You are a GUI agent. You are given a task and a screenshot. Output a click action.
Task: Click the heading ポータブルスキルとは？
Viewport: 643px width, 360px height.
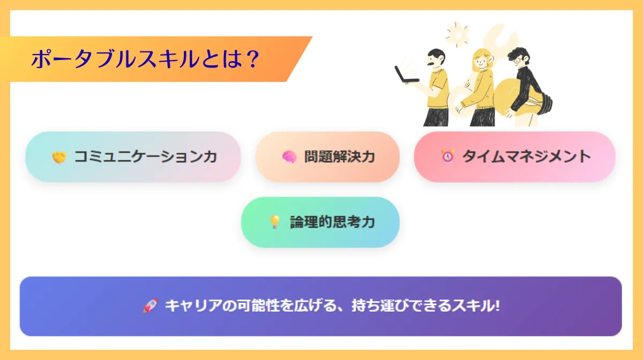(x=145, y=59)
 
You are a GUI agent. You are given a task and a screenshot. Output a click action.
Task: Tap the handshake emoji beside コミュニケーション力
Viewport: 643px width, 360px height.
(x=58, y=157)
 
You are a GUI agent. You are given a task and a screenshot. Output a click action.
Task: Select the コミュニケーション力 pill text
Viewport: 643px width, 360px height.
(x=145, y=157)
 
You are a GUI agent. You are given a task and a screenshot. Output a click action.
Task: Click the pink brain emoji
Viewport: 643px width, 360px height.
(x=289, y=157)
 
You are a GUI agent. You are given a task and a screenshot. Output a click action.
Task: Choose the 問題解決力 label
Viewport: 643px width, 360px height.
(x=339, y=157)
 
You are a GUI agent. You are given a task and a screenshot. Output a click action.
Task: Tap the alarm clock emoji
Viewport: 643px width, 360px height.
(x=447, y=156)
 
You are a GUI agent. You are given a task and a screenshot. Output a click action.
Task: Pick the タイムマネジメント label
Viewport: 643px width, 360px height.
(x=526, y=156)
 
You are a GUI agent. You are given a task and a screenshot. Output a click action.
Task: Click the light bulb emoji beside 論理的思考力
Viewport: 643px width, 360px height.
(x=275, y=222)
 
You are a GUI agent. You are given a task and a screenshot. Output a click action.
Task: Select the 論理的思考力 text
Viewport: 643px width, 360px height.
(x=332, y=222)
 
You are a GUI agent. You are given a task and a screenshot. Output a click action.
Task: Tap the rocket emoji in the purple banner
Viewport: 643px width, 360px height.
(x=149, y=306)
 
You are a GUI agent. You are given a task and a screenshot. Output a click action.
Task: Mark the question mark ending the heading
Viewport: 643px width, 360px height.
(x=250, y=59)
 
